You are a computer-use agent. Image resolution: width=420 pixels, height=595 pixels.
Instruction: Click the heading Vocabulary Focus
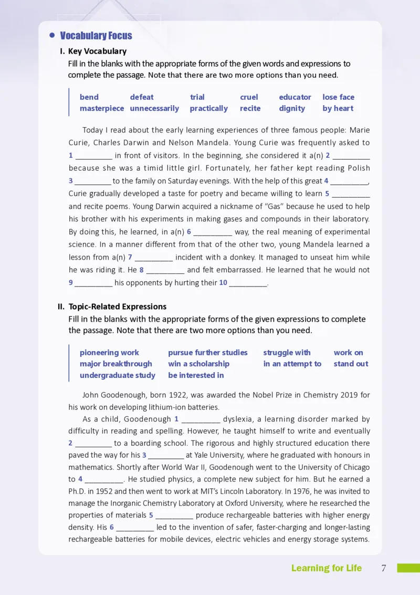click(x=96, y=36)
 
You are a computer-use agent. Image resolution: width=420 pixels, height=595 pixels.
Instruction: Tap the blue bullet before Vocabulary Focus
click(x=52, y=35)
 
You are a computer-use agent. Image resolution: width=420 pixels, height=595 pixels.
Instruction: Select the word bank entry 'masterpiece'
click(x=102, y=108)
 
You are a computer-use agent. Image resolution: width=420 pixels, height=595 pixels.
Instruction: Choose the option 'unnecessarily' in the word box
click(x=154, y=108)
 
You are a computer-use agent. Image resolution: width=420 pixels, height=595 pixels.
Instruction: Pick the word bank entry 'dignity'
click(x=292, y=108)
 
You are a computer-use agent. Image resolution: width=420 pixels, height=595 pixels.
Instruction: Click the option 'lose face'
click(x=338, y=97)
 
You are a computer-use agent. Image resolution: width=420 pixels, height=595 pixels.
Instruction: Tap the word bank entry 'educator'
click(x=295, y=97)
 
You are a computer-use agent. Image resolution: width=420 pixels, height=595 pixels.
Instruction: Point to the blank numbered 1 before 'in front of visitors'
click(x=94, y=156)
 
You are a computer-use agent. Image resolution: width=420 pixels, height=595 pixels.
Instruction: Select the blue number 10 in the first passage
click(x=223, y=283)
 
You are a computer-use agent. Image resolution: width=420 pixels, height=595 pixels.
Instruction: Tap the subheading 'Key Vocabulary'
click(x=97, y=52)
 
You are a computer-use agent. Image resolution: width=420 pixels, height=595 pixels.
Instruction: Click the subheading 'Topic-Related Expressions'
click(x=117, y=306)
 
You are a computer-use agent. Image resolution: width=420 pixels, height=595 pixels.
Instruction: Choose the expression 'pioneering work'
click(x=109, y=353)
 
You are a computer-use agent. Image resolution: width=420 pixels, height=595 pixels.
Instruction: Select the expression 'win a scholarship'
click(x=198, y=364)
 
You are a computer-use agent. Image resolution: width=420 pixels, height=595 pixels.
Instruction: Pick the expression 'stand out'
click(x=351, y=364)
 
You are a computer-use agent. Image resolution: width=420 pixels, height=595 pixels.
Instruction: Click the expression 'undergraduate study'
click(x=118, y=375)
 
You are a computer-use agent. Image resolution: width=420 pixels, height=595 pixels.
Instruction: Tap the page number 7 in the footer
click(x=384, y=568)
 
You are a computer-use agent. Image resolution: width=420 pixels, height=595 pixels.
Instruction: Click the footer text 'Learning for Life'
click(x=327, y=568)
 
